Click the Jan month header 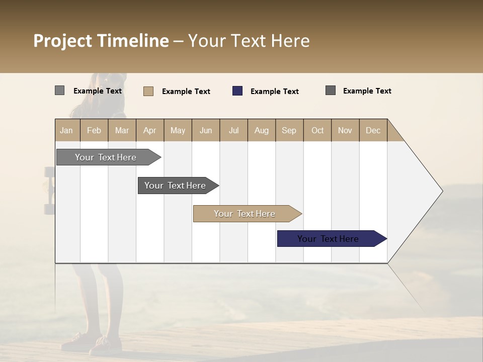tap(66, 130)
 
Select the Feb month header tap(94, 130)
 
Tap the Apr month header tap(149, 130)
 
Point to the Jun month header tap(206, 130)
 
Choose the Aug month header tap(261, 130)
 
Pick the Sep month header tap(289, 130)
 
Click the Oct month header tap(317, 130)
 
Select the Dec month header tap(373, 130)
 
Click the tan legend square tap(148, 91)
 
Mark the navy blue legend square tap(237, 91)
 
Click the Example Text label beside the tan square tap(186, 92)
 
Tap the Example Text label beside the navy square tap(274, 92)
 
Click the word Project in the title tap(62, 41)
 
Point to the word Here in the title tap(290, 41)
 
